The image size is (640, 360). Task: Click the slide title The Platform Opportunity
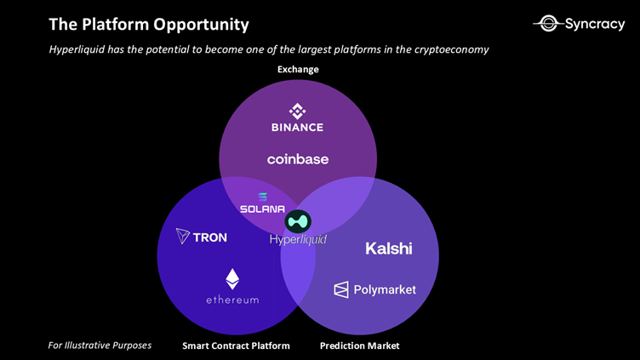[x=149, y=24]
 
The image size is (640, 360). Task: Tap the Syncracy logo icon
[x=549, y=24]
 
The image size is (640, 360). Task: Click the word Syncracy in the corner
[x=595, y=24]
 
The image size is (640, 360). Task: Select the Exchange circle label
[x=298, y=69]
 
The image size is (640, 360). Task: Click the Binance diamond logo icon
[x=297, y=111]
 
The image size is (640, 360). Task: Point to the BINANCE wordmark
[x=297, y=128]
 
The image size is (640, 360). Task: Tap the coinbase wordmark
[x=297, y=159]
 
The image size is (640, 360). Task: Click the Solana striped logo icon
[x=262, y=197]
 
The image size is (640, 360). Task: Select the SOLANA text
[x=262, y=209]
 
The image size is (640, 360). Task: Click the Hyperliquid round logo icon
[x=298, y=221]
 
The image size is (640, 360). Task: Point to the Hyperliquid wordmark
[x=298, y=240]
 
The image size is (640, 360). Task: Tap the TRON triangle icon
[x=182, y=237]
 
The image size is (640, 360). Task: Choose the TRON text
[x=210, y=237]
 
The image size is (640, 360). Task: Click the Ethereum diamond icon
[x=232, y=279]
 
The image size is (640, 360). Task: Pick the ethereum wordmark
[x=232, y=300]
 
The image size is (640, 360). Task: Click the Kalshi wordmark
[x=388, y=249]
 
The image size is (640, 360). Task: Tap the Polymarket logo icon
[x=341, y=290]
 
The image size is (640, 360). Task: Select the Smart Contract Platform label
[x=236, y=346]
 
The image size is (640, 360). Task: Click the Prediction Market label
[x=359, y=346]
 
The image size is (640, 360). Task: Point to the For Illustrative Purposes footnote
[x=100, y=345]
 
